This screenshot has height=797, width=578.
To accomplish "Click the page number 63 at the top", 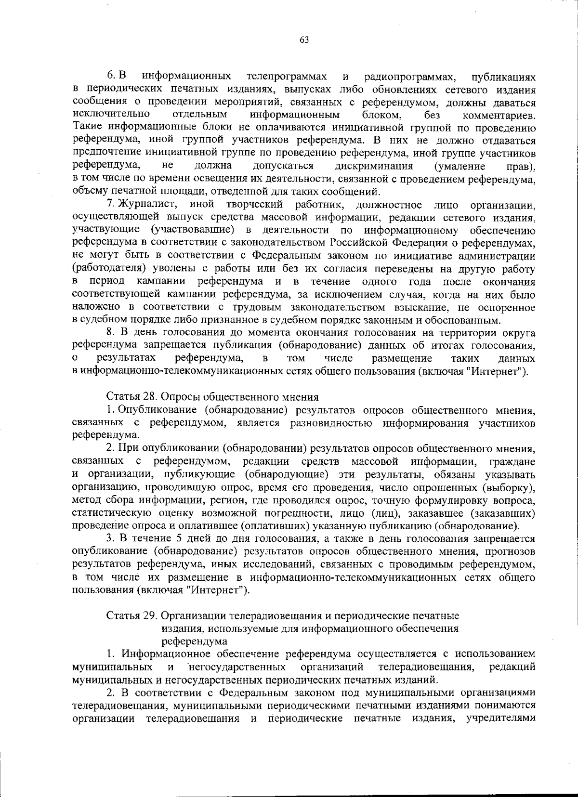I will pyautogui.click(x=304, y=40).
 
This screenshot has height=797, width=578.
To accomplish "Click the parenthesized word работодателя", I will pyautogui.click(x=108, y=268).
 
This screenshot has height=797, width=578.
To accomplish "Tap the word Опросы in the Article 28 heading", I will pyautogui.click(x=178, y=397).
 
